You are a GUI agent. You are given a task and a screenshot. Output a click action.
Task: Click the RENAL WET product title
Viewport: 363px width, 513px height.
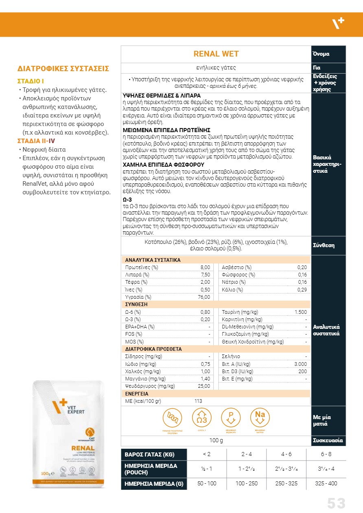tap(216, 54)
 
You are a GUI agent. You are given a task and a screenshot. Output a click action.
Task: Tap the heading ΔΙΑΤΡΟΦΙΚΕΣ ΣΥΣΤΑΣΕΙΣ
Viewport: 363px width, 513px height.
tap(63, 69)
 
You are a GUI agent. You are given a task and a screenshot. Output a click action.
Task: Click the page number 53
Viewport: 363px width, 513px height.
tap(336, 503)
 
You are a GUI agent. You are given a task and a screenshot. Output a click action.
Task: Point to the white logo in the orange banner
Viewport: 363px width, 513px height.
tap(339, 24)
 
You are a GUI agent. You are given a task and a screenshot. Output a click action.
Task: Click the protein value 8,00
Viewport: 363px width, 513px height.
tap(205, 267)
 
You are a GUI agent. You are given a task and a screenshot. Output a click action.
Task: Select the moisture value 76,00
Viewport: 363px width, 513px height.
tap(204, 297)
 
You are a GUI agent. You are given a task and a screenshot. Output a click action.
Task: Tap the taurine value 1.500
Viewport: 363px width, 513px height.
tap(301, 312)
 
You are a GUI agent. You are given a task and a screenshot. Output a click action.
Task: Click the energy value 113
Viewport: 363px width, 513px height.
tap(198, 401)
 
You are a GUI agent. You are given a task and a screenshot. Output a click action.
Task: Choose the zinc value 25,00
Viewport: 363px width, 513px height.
tap(204, 386)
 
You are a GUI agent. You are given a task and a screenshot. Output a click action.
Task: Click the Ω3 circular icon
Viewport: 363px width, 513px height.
tap(201, 418)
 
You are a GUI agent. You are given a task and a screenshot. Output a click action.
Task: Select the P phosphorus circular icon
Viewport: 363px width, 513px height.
tap(231, 418)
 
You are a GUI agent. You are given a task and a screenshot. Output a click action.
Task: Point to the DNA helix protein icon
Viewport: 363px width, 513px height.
tap(172, 418)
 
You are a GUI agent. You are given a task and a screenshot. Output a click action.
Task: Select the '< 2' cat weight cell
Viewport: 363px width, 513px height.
tap(207, 454)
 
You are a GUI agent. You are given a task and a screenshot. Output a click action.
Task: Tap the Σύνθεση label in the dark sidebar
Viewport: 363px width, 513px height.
tap(324, 246)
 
